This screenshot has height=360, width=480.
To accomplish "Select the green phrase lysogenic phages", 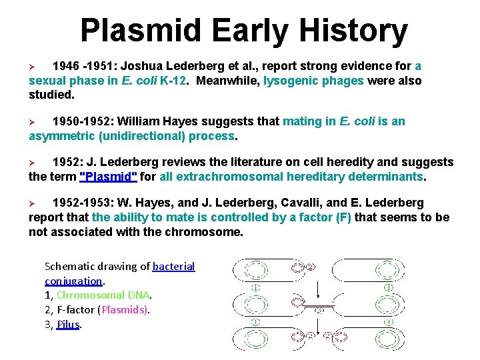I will point(313,81).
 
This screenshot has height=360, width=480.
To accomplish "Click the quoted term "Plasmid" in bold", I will point(108,177).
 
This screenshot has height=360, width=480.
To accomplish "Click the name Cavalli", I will point(279,203).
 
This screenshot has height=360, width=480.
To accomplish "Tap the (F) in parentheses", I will point(341,217).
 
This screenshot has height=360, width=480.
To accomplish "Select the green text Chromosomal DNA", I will point(104,295).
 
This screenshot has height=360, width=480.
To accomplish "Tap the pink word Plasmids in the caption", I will point(125,309).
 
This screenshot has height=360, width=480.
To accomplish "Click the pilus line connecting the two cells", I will point(319,305).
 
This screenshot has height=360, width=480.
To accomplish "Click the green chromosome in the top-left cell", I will point(254,270).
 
